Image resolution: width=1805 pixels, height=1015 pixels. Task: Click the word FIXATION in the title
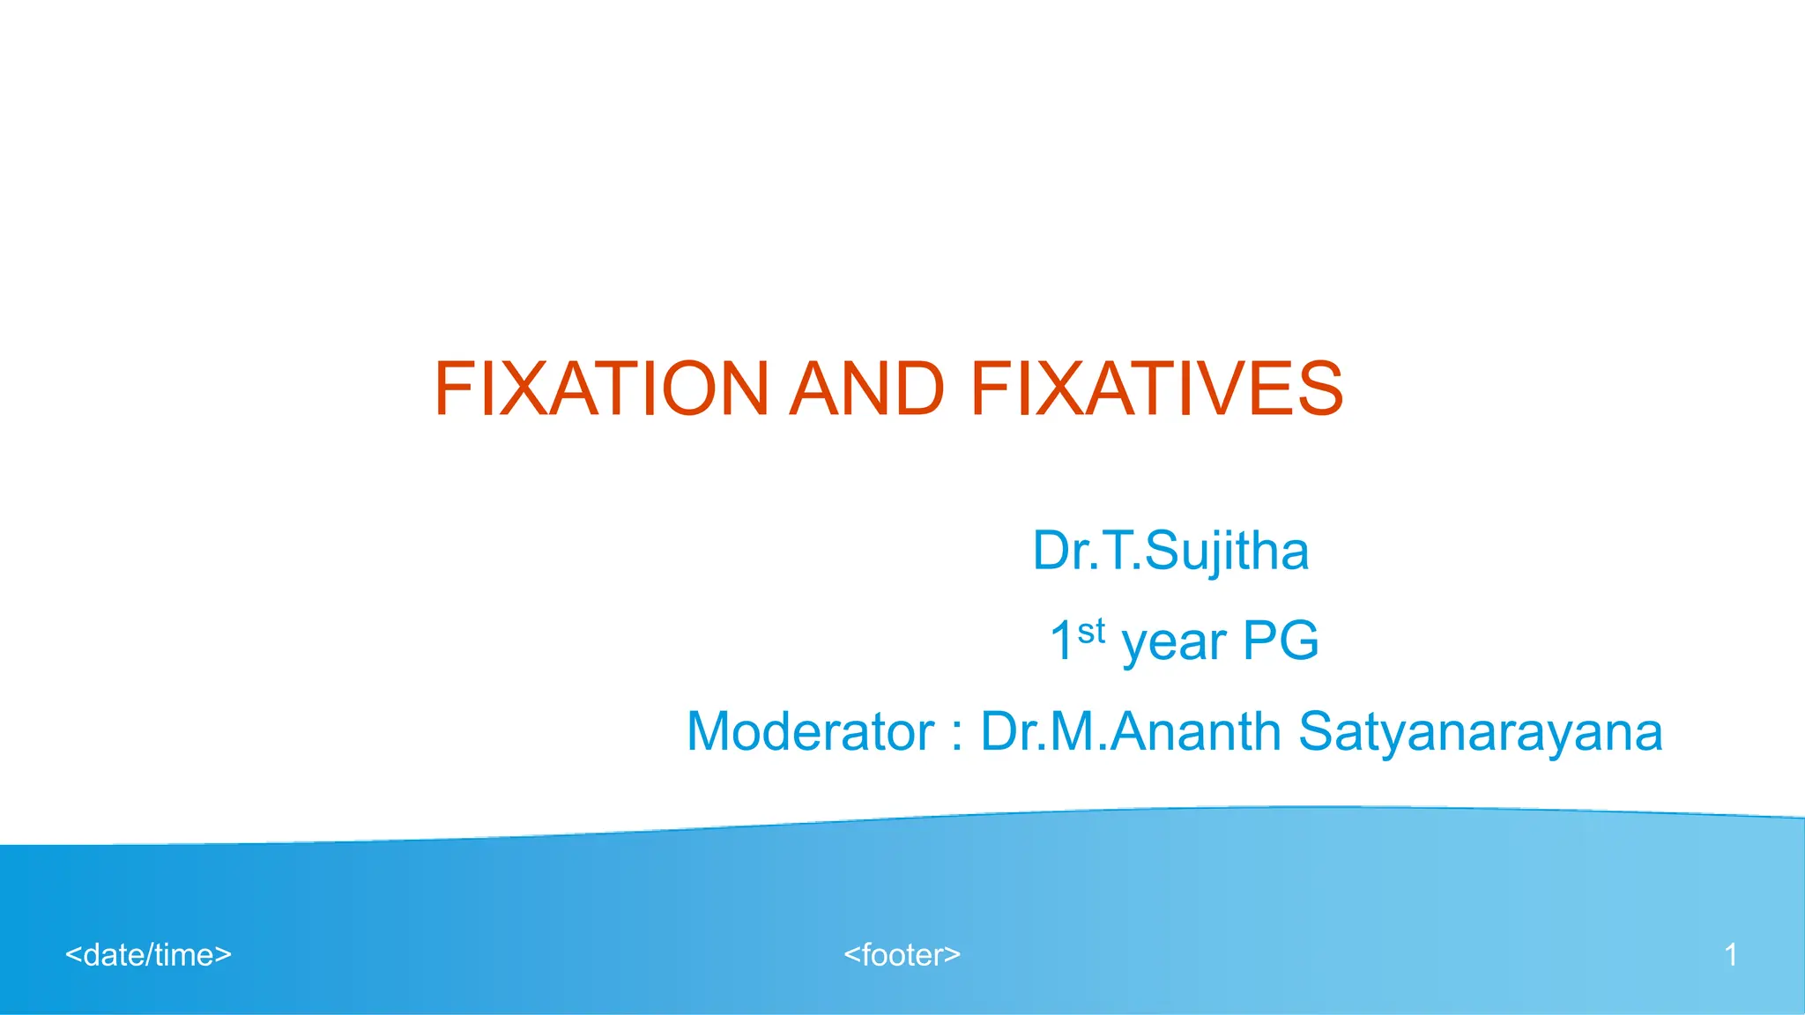(602, 389)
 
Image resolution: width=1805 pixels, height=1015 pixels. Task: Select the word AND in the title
(867, 389)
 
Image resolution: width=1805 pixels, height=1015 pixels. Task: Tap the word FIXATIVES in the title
(1156, 389)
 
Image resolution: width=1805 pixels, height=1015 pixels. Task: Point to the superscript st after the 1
(1091, 631)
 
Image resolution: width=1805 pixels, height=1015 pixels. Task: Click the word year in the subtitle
(1173, 642)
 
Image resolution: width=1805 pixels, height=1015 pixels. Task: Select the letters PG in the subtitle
(1280, 641)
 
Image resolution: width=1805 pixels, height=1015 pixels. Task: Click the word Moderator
(810, 731)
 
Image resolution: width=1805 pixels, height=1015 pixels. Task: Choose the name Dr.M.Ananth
(1131, 731)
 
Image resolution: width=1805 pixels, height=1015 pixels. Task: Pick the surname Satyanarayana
(1480, 731)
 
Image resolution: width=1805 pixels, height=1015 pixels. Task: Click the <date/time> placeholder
(148, 955)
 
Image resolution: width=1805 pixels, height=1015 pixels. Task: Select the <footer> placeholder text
(902, 955)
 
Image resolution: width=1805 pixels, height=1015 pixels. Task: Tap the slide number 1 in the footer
(1730, 955)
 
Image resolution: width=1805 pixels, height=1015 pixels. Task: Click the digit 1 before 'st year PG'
(1061, 641)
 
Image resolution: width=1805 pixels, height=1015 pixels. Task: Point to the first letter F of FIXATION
(454, 389)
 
